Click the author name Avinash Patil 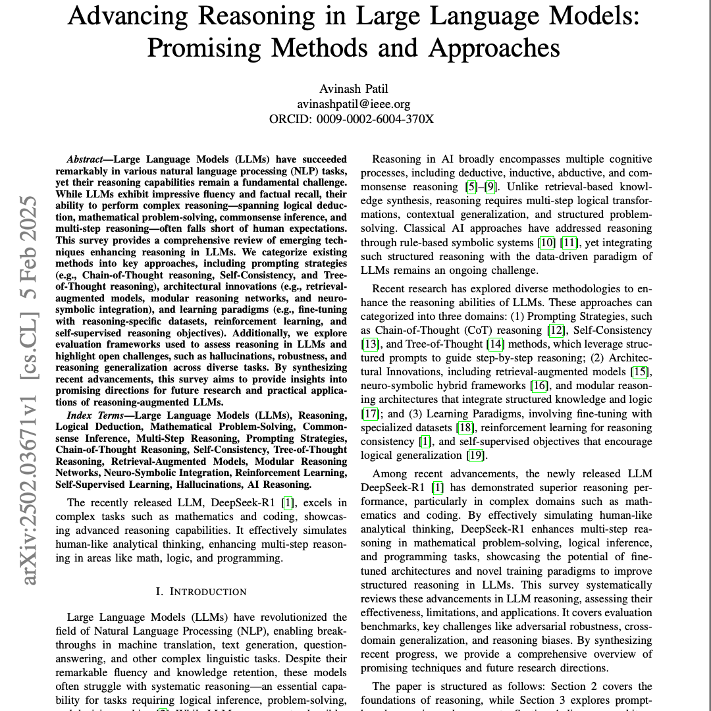pyautogui.click(x=355, y=89)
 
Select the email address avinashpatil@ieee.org pyautogui.click(x=354, y=104)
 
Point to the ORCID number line pyautogui.click(x=352, y=119)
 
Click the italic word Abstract pyautogui.click(x=84, y=159)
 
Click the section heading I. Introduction pyautogui.click(x=201, y=591)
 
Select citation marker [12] pyautogui.click(x=556, y=330)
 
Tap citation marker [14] pyautogui.click(x=494, y=344)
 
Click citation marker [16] pyautogui.click(x=540, y=385)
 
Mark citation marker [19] pyautogui.click(x=475, y=456)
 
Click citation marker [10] pyautogui.click(x=546, y=243)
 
